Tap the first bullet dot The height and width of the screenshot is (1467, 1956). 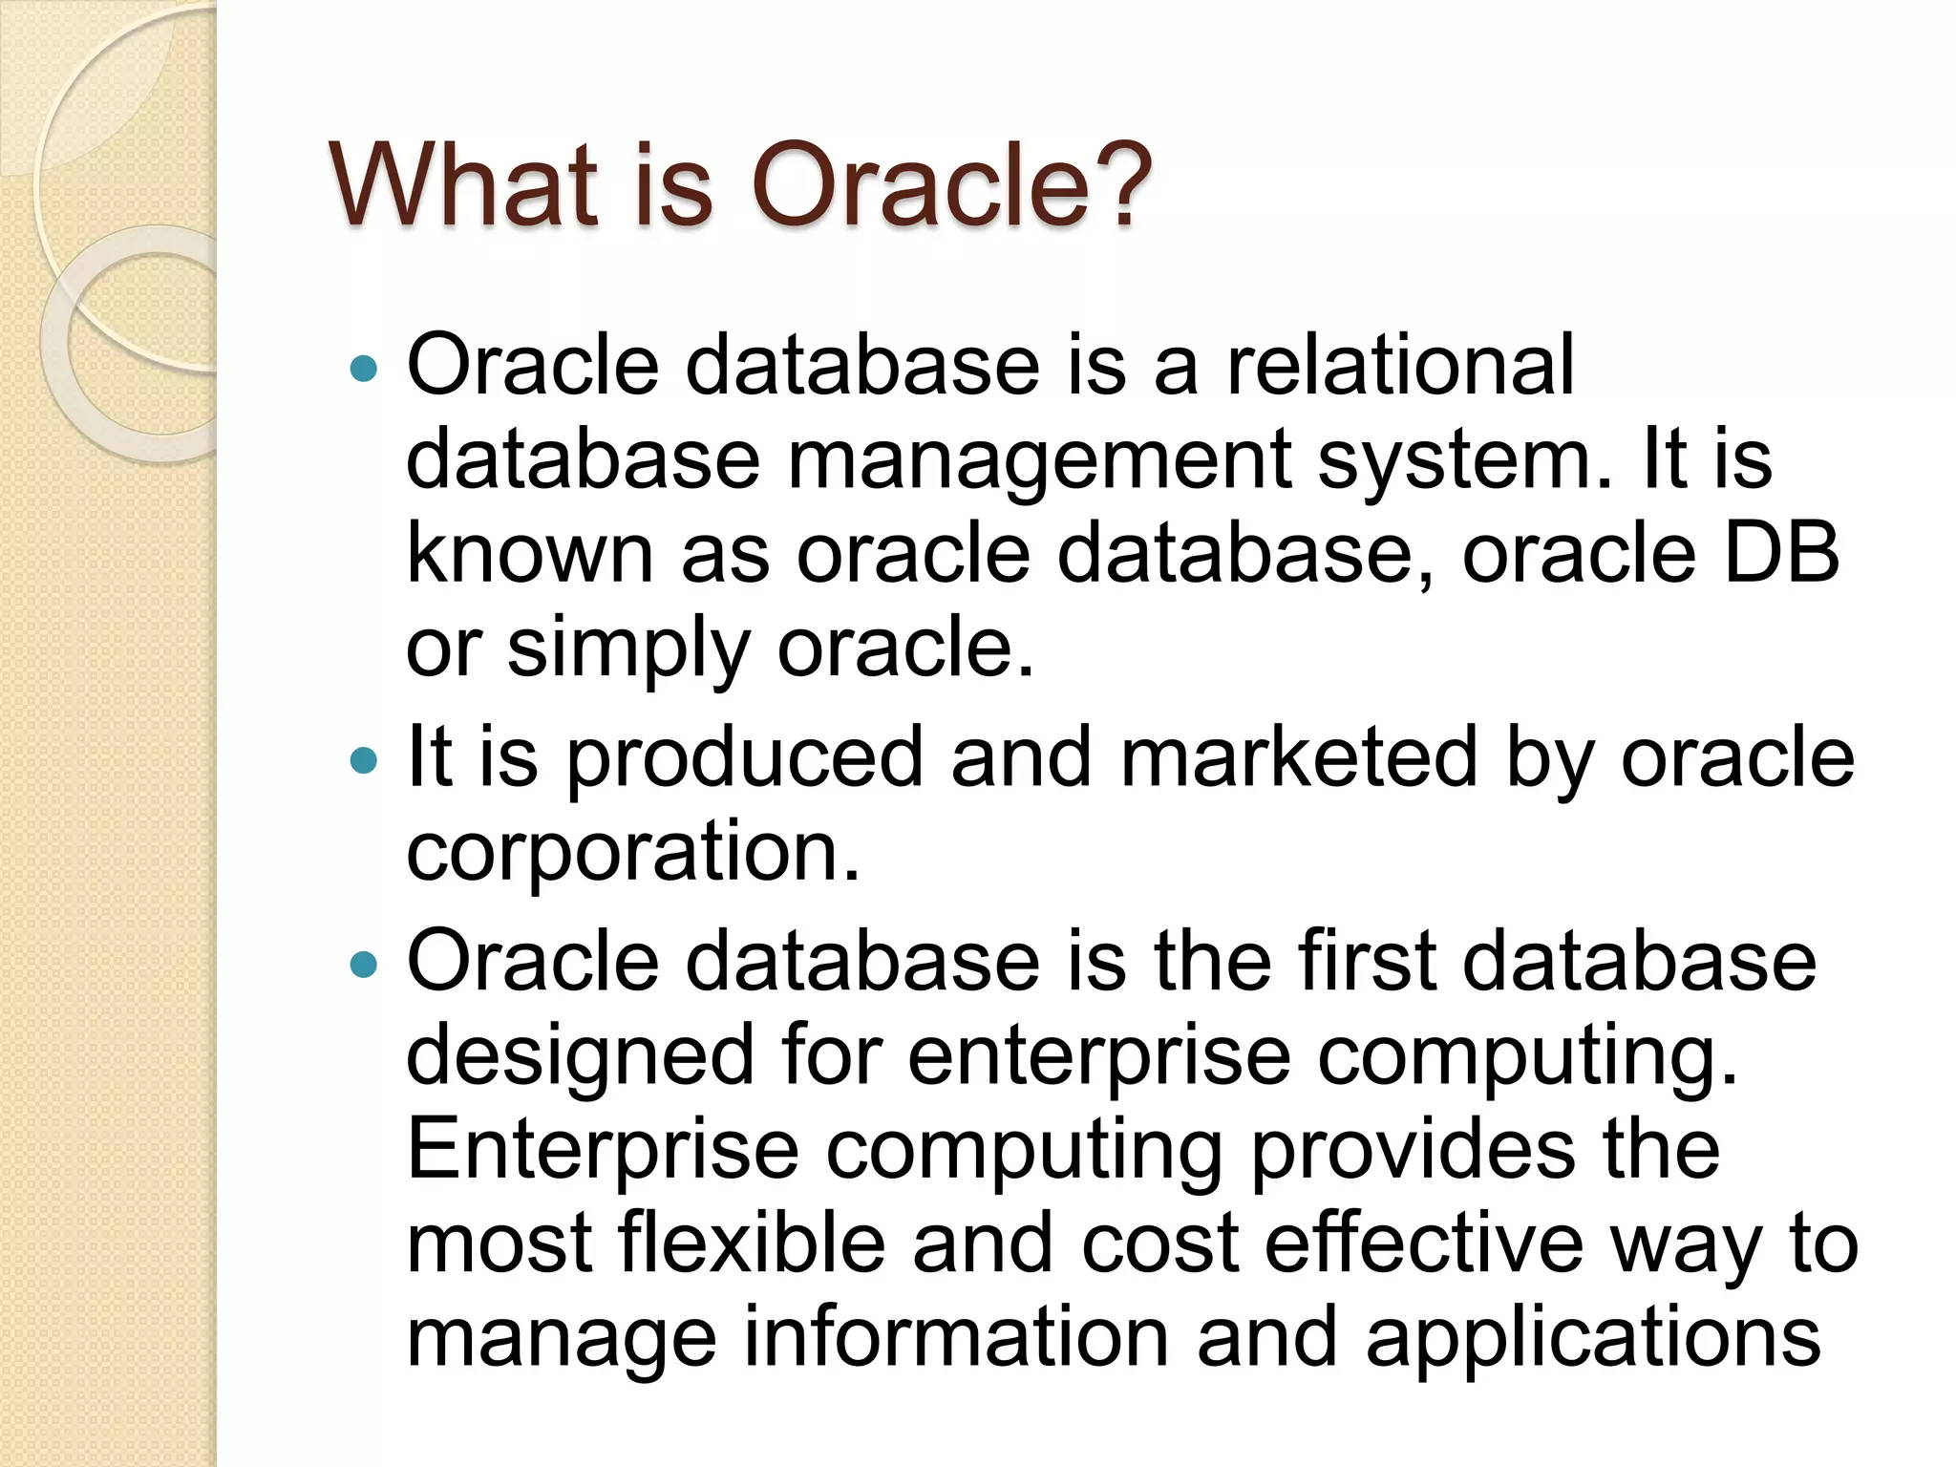click(x=364, y=369)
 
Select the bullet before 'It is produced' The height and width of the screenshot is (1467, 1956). click(x=364, y=760)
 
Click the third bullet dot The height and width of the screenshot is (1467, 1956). click(x=364, y=965)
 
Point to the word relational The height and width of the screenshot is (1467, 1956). click(x=1399, y=365)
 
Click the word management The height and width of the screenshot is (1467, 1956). click(x=1038, y=460)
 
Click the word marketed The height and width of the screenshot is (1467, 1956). click(x=1298, y=757)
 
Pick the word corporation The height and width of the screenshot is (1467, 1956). click(x=632, y=852)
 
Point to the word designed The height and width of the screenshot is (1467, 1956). click(x=581, y=1056)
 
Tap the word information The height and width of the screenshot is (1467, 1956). click(x=956, y=1337)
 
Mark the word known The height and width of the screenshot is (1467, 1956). click(x=529, y=554)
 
